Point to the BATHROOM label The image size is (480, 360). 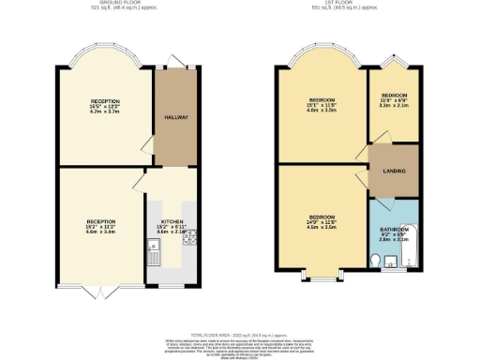[394, 230]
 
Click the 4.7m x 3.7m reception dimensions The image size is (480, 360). [105, 111]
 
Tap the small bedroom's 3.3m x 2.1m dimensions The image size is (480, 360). [394, 106]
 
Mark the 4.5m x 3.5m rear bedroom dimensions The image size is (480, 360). [322, 226]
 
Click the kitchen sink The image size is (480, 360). [154, 249]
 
